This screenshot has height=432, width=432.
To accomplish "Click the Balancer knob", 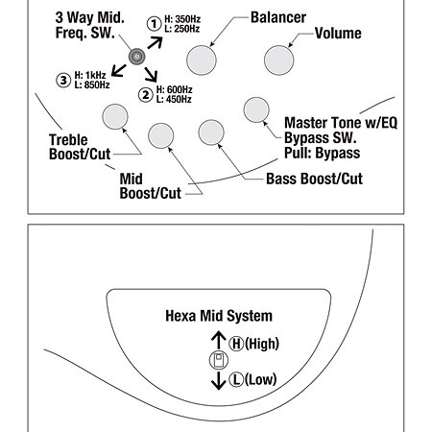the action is click(x=202, y=60).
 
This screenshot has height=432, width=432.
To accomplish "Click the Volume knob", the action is click(x=278, y=60).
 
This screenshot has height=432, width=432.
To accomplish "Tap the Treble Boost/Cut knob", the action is click(x=115, y=117).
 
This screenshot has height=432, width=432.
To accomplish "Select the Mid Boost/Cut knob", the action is click(x=161, y=136).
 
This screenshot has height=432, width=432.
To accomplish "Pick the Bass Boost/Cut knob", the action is click(x=211, y=132).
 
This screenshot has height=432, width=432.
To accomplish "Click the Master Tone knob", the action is click(x=256, y=109).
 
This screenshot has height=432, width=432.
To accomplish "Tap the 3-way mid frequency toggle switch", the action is click(x=136, y=57).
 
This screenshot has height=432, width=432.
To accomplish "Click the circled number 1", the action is click(x=154, y=24).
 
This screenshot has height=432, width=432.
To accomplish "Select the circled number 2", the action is click(x=146, y=95).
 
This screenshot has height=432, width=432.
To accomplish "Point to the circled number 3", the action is click(x=63, y=80).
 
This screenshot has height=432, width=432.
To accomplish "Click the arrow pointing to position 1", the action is click(x=156, y=43).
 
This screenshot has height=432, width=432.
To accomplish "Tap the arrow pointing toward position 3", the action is click(x=119, y=71).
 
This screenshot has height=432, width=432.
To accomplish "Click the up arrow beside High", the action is click(x=219, y=340).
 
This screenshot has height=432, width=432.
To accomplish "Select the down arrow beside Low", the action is click(x=219, y=381).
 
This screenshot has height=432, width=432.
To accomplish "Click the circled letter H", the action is click(x=236, y=344).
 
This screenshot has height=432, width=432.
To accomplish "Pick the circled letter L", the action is click(x=236, y=379).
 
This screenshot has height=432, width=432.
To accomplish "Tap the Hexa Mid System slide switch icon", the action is click(x=219, y=360).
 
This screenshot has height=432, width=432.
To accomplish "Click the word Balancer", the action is click(x=278, y=17).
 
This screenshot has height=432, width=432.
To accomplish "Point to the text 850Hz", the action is click(x=97, y=85).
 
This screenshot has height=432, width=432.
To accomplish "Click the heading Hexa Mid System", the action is click(x=219, y=316).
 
